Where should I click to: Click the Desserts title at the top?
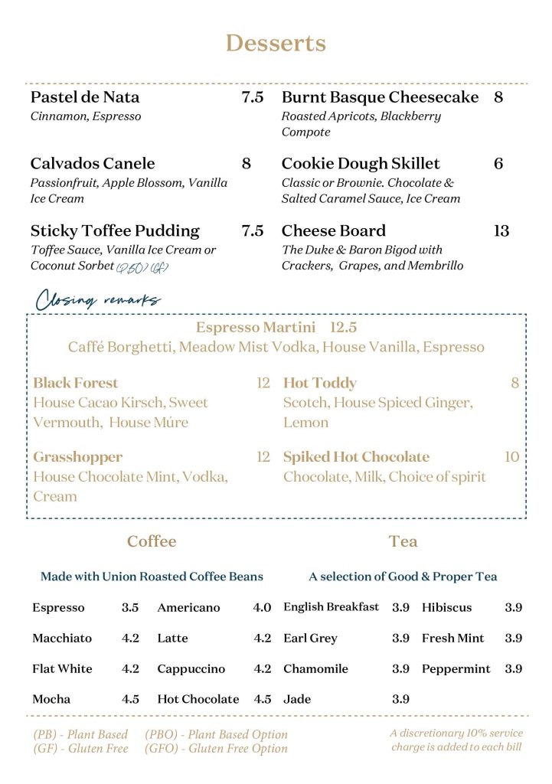point(276,43)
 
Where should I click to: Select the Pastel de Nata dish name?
point(85,97)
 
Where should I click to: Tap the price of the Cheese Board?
point(501,230)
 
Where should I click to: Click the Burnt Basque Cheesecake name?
point(380,97)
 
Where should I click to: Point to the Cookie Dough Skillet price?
point(498,164)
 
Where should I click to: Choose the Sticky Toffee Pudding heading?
point(115,230)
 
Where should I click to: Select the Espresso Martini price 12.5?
point(344,327)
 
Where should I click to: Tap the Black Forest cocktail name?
point(76,383)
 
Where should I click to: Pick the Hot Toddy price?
point(515,383)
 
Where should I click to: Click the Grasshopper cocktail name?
point(77,457)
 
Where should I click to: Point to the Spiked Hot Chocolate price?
point(511,457)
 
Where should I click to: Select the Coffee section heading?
point(152,541)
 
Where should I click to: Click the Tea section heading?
point(403,541)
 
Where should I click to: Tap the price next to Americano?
point(262,608)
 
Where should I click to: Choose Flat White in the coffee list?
point(62,669)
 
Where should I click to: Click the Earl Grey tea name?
point(310,639)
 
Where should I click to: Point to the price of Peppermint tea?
point(513,669)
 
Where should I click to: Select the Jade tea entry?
point(296,700)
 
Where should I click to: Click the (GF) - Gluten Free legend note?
point(80,748)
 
